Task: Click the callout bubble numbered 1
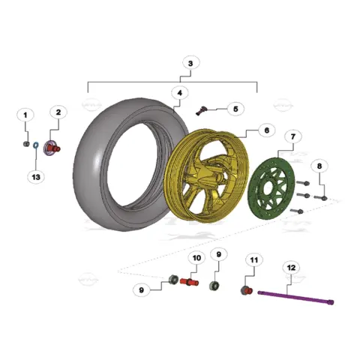25,115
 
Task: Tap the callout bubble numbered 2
58,112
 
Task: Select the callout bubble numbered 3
191,63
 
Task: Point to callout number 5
235,109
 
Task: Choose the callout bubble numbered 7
293,136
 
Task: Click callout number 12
291,268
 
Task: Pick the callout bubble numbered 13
36,177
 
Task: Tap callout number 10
196,258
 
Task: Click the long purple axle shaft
295,298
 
